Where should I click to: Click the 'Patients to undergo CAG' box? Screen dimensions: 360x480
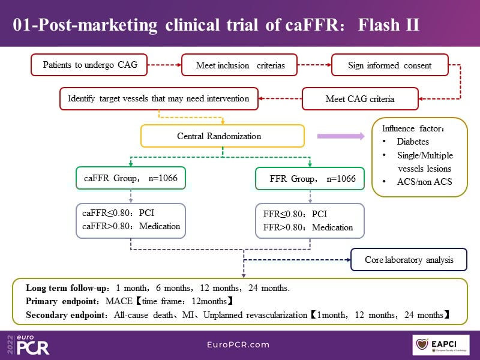(x=94, y=65)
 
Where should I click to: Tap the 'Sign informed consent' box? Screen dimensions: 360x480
(x=381, y=65)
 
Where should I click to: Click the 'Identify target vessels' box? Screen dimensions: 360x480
(x=158, y=98)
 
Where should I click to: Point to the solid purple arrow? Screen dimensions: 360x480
(x=340, y=136)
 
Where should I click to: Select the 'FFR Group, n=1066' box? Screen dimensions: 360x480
(x=309, y=179)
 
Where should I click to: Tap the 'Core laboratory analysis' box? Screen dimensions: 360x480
(x=409, y=260)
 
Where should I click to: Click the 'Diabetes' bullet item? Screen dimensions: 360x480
(x=413, y=142)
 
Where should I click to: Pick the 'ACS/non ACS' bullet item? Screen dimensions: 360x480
(x=422, y=182)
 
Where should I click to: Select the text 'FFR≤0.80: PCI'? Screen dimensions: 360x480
(x=295, y=214)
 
